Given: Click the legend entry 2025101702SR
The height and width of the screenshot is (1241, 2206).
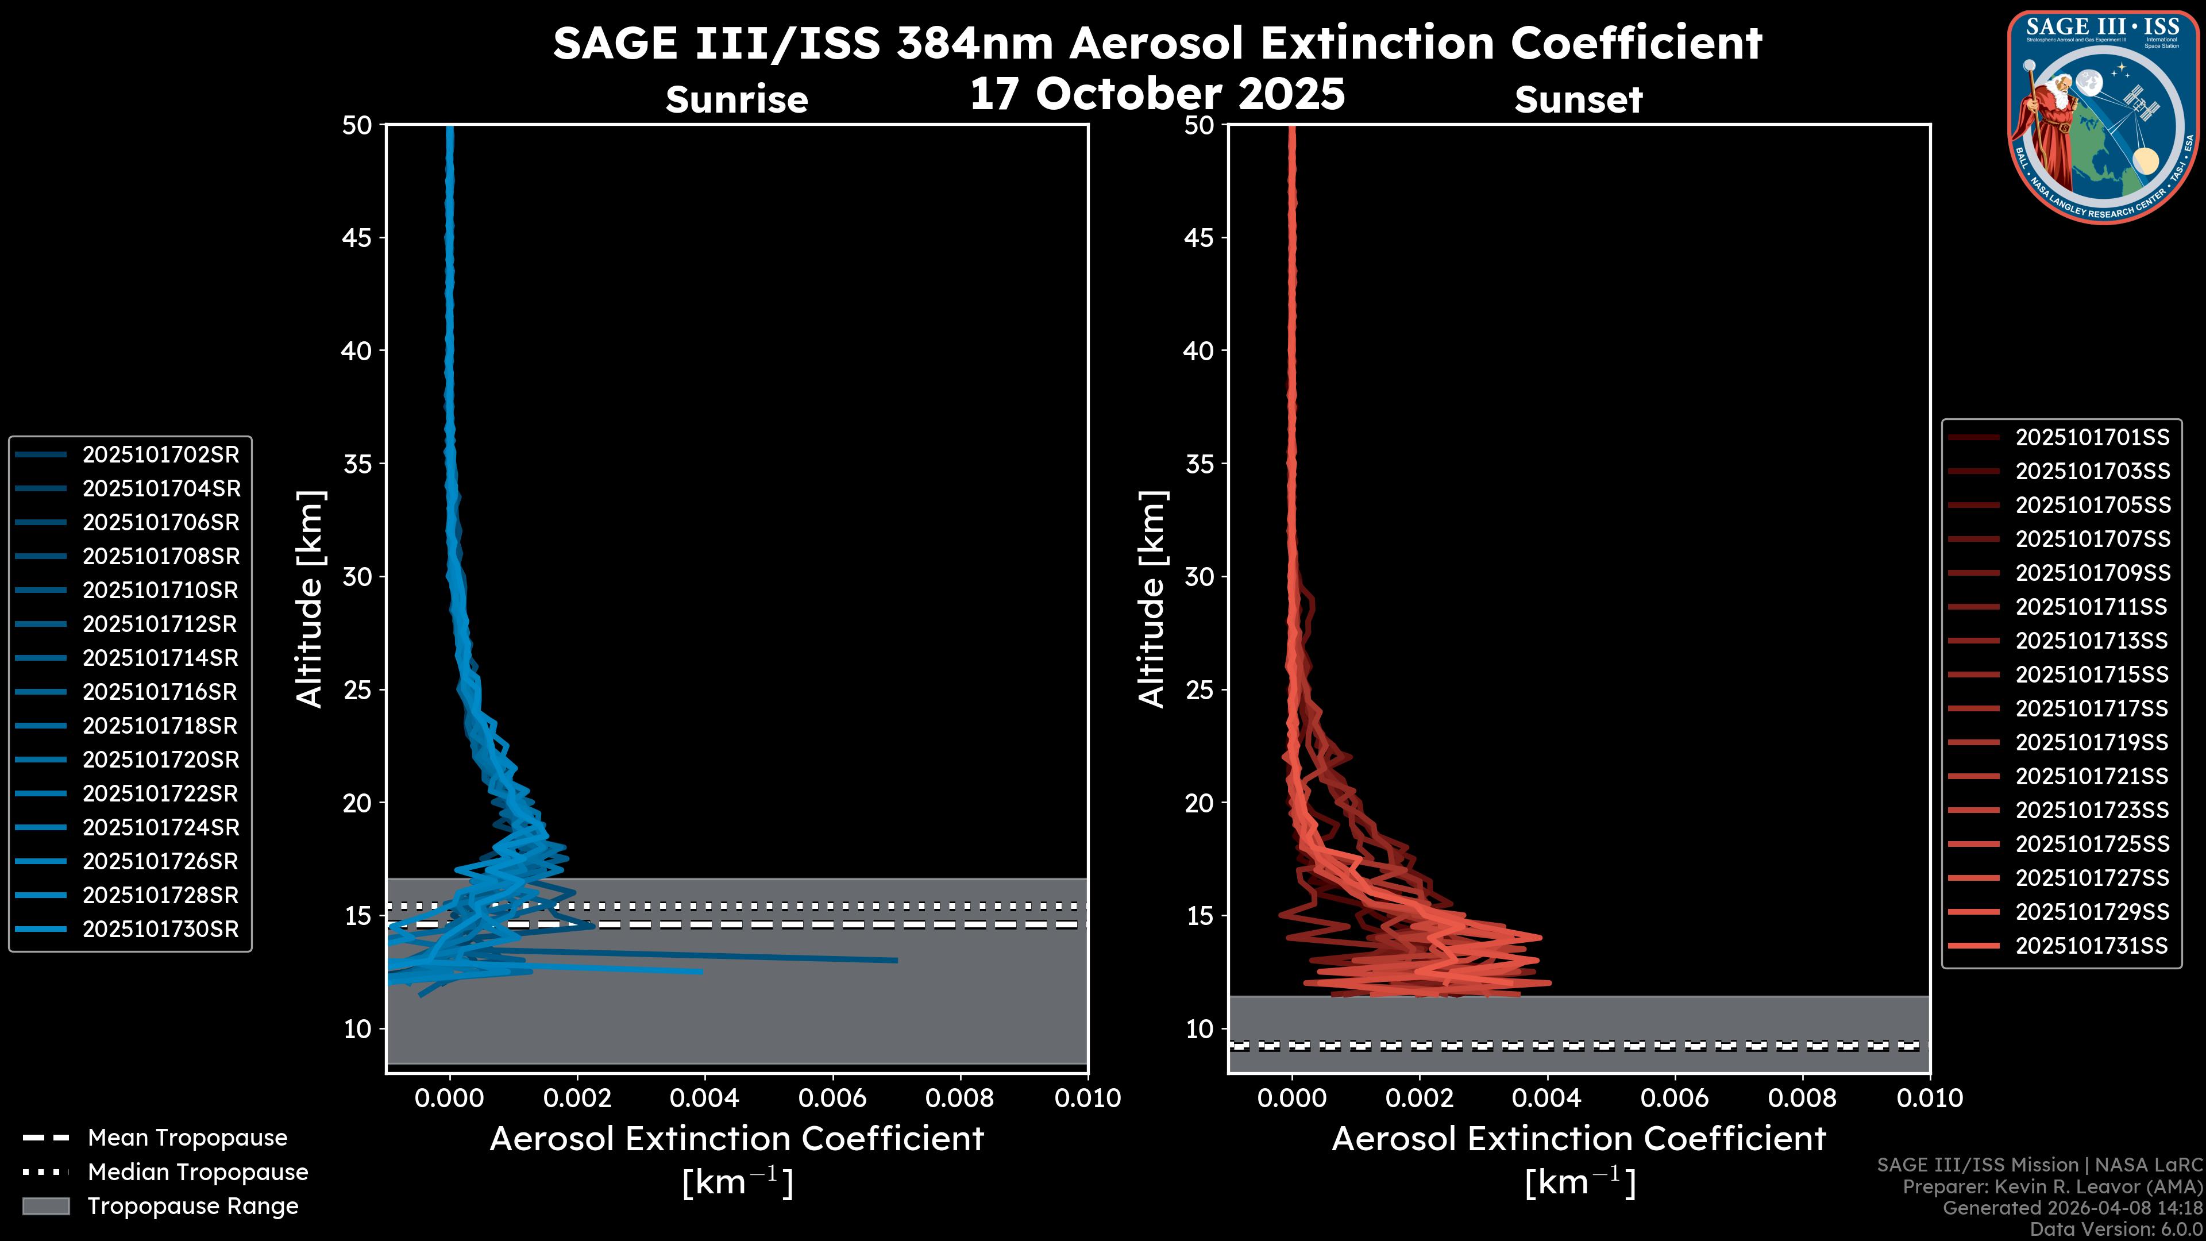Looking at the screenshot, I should coord(161,455).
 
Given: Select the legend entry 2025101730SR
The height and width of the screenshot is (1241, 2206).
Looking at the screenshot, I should coord(161,929).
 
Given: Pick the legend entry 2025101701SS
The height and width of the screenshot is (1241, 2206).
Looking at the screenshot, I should coord(2092,438).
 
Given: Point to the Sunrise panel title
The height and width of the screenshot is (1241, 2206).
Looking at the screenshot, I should coord(736,100).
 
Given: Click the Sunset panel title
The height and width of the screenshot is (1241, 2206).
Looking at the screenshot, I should coord(1578,100).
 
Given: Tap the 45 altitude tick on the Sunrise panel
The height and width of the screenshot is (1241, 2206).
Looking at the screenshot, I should coord(357,238).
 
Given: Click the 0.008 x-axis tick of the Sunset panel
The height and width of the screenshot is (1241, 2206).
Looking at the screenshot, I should coord(1803,1098).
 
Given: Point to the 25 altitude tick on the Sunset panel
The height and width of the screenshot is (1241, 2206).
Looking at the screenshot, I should coord(1199,690).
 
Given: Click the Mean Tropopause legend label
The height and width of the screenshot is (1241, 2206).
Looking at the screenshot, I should coord(187,1138).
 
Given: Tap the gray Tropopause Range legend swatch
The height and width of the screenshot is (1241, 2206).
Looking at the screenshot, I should coord(45,1206).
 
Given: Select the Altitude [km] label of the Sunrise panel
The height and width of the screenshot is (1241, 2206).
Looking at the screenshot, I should coord(309,599).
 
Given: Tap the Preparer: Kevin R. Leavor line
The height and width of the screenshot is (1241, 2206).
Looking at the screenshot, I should coord(2052,1187).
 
